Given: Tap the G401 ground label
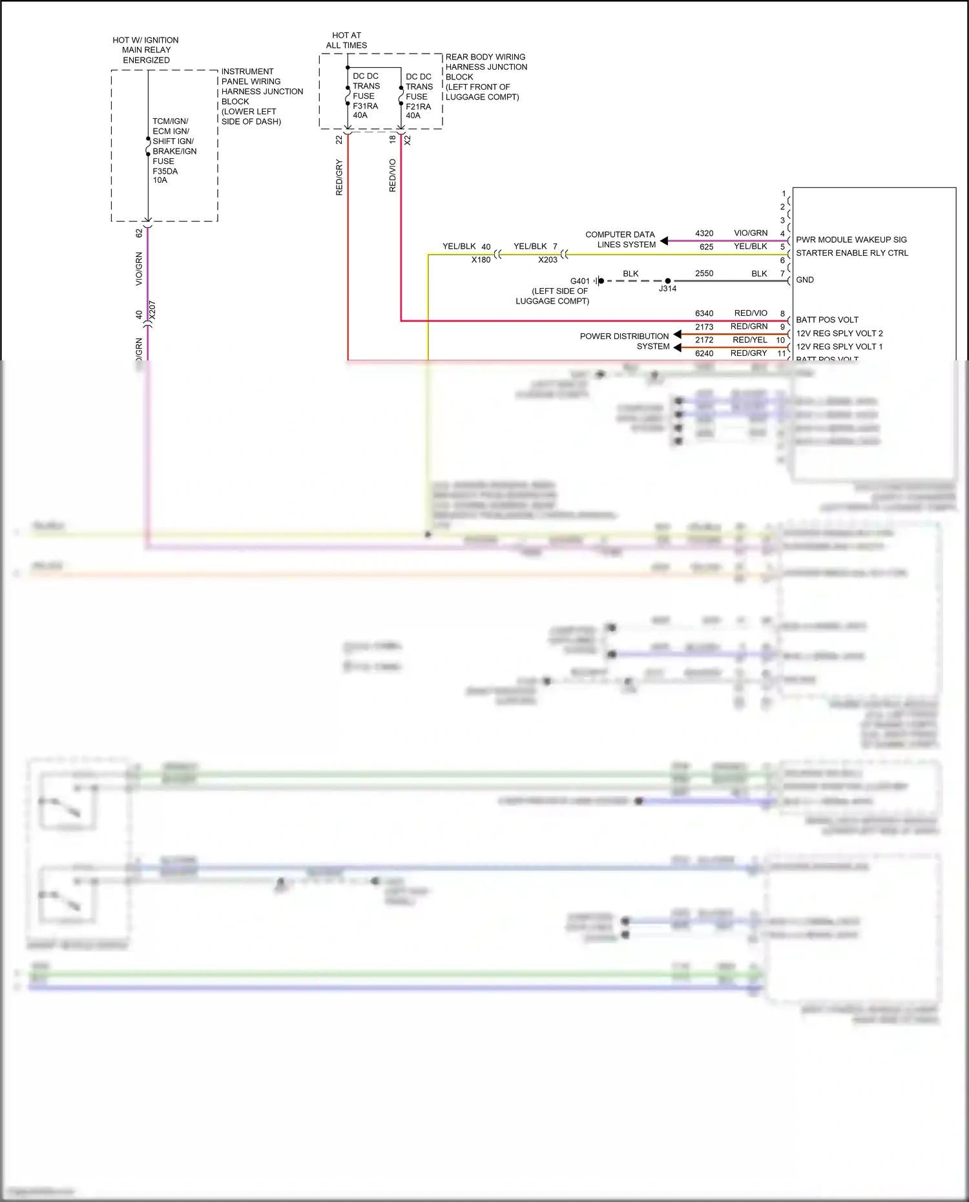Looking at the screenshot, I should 579,281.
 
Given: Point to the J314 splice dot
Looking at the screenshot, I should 667,281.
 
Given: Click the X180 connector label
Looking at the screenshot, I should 481,260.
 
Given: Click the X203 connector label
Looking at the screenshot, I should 548,260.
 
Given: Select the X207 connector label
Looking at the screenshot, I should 152,310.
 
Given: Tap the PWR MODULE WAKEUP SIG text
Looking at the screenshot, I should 851,240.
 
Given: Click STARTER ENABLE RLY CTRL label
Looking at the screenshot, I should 851,253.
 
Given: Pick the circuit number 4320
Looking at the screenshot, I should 704,233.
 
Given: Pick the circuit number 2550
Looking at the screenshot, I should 704,273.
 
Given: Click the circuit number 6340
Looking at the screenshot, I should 704,313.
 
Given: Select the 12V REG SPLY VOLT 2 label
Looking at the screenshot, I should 839,333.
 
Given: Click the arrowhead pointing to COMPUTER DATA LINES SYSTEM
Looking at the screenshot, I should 664,241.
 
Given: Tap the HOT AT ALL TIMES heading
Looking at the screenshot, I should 346,40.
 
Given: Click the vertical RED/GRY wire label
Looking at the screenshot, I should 339,178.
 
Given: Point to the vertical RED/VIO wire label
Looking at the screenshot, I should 392,176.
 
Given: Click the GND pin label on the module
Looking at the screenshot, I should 805,280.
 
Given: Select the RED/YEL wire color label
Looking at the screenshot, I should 749,340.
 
